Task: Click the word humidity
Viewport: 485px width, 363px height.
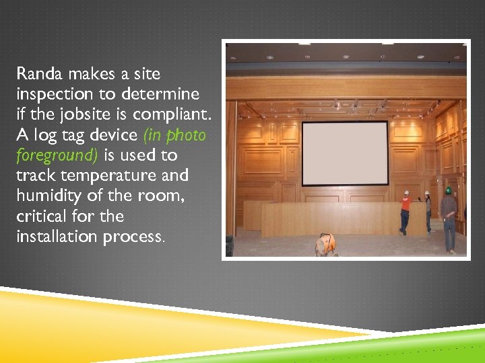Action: (x=46, y=196)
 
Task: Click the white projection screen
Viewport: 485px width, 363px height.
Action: (x=344, y=153)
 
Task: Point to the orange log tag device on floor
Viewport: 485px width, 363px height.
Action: (x=326, y=244)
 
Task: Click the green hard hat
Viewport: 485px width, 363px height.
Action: (x=448, y=190)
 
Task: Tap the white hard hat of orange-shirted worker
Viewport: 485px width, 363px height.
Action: (x=406, y=193)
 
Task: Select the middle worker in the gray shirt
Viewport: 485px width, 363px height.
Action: (x=427, y=212)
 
